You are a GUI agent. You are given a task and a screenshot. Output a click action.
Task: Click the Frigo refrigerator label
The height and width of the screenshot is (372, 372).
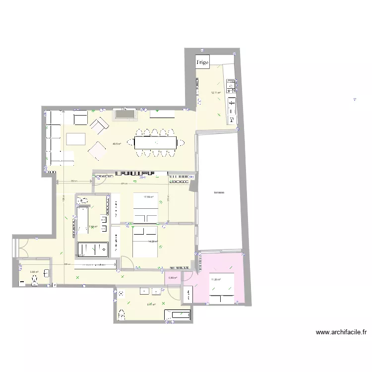coord(203,62)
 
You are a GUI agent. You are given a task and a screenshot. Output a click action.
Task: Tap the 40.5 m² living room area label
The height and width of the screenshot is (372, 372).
coord(117,144)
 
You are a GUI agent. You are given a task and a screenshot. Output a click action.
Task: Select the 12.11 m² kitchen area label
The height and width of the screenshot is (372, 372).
coord(216,93)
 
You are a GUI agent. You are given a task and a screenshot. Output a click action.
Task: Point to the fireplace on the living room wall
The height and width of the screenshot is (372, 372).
coord(125,115)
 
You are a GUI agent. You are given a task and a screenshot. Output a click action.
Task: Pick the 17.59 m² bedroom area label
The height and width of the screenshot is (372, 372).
coord(148,197)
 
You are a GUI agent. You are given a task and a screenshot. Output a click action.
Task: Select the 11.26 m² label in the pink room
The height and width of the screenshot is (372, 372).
coord(216,280)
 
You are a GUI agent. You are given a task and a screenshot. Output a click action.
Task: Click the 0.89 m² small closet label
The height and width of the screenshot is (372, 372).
coord(173,278)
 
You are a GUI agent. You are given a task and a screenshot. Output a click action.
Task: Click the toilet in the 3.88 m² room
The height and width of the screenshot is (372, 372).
coord(34,281)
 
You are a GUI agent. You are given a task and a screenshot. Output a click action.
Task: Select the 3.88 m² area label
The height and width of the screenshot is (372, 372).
coord(34,272)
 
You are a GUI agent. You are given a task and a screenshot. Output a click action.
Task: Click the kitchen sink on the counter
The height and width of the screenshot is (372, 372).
coord(232,106)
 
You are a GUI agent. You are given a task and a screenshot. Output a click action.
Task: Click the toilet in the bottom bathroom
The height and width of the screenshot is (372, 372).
coord(122,313)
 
